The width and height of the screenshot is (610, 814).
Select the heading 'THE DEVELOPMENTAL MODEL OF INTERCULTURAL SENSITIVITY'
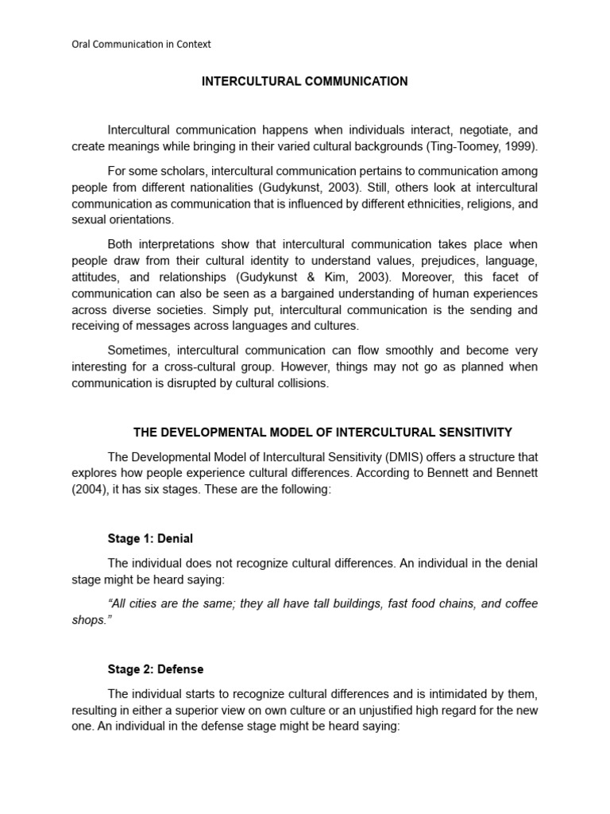322,432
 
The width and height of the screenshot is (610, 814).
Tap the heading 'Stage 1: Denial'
150,538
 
